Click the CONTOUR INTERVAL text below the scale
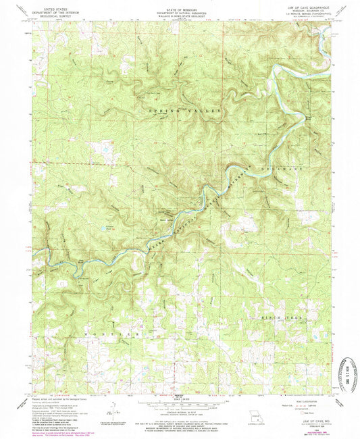point(180,403)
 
